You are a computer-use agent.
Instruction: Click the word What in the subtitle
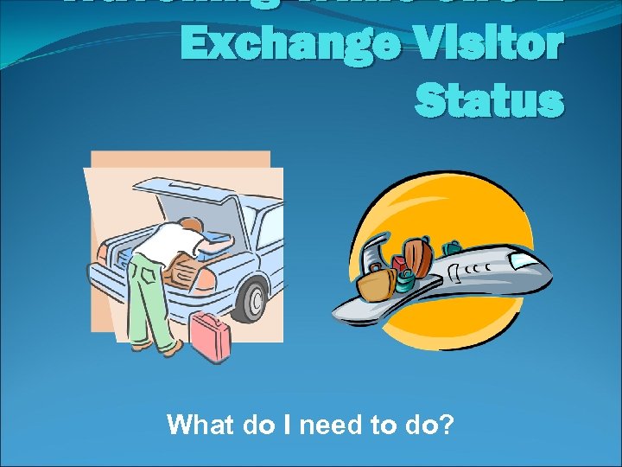(x=197, y=425)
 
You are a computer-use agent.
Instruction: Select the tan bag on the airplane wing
(x=377, y=280)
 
